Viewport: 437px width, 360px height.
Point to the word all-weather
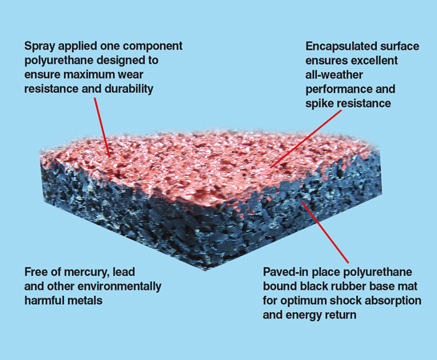(335, 75)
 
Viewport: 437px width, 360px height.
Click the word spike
(319, 104)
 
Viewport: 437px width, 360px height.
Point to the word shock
(324, 301)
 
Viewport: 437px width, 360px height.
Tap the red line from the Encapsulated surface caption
(306, 138)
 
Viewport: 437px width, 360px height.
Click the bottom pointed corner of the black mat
(206, 270)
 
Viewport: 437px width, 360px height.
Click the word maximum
(90, 75)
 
